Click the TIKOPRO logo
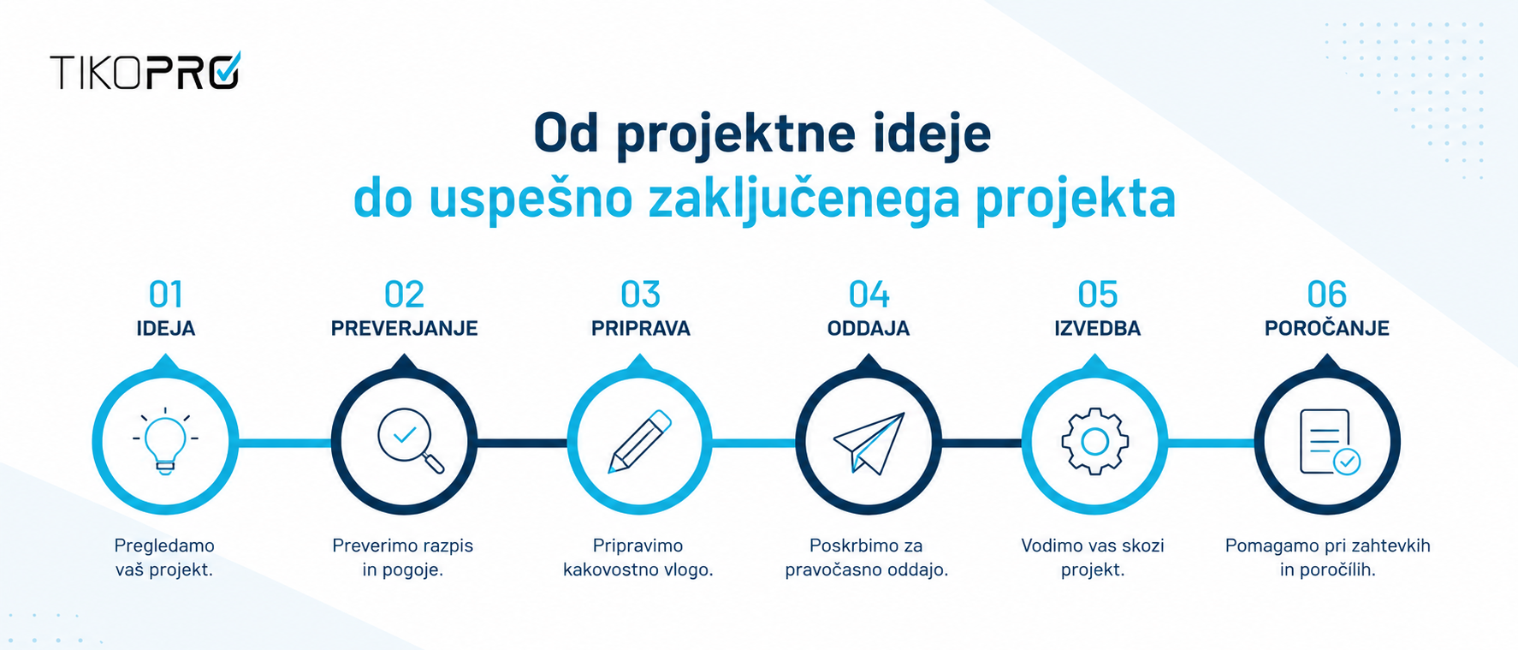click(x=145, y=70)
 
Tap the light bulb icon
click(x=165, y=441)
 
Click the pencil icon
click(x=640, y=441)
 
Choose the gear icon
click(x=1095, y=442)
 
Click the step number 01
click(x=166, y=295)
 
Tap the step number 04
click(x=869, y=295)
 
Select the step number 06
click(x=1327, y=295)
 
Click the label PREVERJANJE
click(x=404, y=329)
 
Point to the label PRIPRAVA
click(x=641, y=329)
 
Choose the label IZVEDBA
click(x=1098, y=329)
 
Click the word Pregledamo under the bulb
click(x=164, y=546)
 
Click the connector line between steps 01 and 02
click(x=285, y=443)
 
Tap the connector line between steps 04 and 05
click(x=982, y=443)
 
